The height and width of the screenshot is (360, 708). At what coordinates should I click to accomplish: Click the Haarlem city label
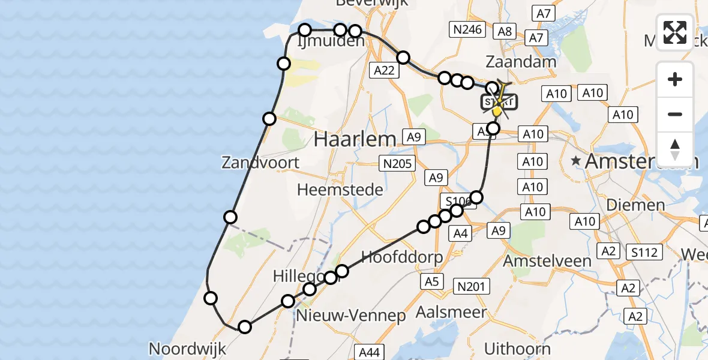(355, 139)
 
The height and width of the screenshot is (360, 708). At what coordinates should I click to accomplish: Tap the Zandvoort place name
(260, 162)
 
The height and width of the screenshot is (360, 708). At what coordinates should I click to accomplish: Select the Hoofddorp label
(402, 257)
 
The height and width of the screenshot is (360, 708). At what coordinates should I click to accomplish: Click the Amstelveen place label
(547, 261)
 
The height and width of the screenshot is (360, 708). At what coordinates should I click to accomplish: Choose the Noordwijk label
(187, 349)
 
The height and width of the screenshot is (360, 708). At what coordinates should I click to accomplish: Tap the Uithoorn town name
(517, 349)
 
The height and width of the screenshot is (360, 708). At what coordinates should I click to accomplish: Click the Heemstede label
(340, 190)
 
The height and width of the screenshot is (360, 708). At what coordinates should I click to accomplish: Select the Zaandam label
(521, 61)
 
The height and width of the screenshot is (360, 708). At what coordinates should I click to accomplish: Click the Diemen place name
(635, 205)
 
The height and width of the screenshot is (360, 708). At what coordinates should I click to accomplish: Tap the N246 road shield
(468, 29)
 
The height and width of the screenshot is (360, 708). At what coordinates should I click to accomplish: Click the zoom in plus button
(675, 80)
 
